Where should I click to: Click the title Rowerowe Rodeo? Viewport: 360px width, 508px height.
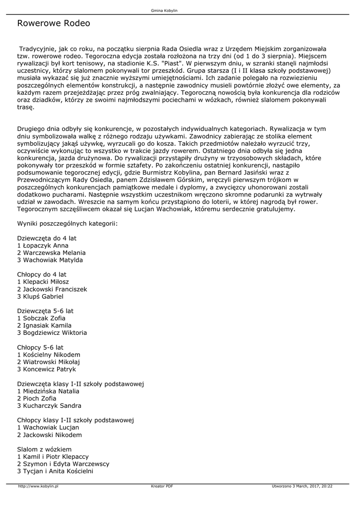[54, 23]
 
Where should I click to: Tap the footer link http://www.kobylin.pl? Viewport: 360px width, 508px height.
[39, 487]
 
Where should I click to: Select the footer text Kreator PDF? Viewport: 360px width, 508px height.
[162, 487]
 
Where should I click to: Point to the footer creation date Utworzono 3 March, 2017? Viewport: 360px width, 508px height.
[302, 487]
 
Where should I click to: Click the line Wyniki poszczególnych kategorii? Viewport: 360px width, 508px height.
[67, 224]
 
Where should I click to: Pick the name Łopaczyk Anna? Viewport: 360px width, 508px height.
[45, 245]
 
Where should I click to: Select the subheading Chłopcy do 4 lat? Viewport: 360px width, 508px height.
[42, 274]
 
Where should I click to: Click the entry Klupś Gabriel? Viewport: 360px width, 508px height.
[43, 296]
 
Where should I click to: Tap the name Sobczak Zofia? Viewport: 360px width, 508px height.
[44, 318]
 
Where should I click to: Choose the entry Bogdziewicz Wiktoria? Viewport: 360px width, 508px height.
[55, 332]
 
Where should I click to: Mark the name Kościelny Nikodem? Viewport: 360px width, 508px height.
[52, 355]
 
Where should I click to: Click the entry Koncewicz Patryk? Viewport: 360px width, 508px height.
[49, 369]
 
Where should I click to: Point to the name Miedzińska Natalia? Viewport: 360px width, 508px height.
[51, 391]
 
